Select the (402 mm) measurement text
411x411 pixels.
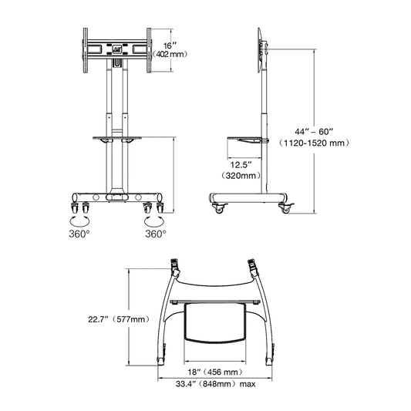tap(171, 56)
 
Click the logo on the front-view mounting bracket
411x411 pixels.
tap(116, 47)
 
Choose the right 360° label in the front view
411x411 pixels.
tap(156, 234)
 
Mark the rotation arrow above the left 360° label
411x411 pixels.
tap(78, 220)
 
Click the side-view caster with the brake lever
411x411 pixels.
tap(286, 207)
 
